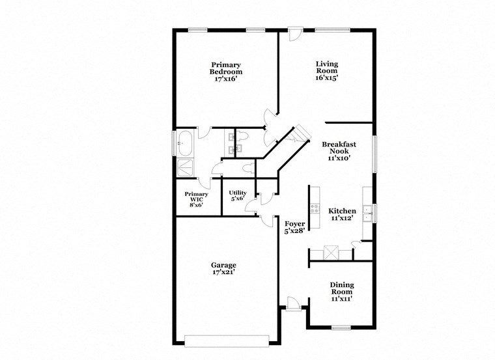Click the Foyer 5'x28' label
coord(294,227)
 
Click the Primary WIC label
coord(196,198)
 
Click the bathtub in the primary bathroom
coord(184,141)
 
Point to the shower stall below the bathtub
coord(184,167)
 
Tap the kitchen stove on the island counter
coord(315,209)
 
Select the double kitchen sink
coord(368,212)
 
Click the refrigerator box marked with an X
coord(332,252)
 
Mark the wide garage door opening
coord(226,340)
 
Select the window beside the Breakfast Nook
coord(375,154)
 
